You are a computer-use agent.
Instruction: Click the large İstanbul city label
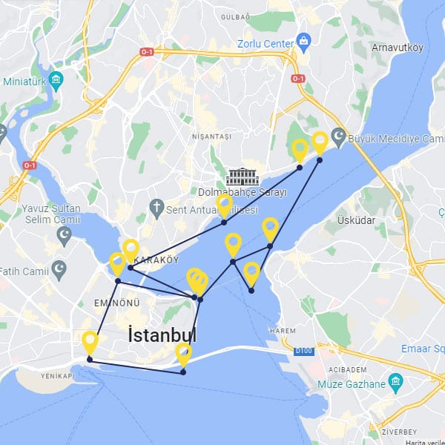(162, 335)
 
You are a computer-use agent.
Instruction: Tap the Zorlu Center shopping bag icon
(303, 39)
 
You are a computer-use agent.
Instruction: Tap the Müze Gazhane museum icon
(395, 383)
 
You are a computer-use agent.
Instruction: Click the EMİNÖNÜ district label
(116, 303)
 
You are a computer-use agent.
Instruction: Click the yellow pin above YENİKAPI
(90, 342)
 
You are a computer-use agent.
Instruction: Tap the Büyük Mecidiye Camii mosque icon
(338, 137)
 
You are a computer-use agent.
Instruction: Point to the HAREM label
(284, 330)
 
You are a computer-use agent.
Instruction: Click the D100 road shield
(303, 350)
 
